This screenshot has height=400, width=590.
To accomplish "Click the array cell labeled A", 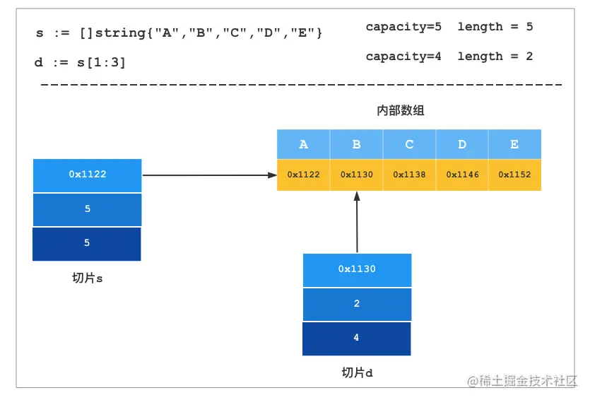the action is tap(303, 144).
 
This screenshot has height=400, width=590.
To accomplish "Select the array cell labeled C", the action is tap(409, 144).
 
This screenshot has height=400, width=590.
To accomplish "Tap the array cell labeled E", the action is tap(514, 144).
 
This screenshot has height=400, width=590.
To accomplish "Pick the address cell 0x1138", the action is tap(409, 175).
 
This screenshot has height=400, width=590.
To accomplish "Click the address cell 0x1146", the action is tap(462, 175).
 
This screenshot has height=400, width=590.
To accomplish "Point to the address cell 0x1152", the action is tap(514, 175).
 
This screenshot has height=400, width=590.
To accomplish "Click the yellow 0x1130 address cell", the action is tap(356, 175).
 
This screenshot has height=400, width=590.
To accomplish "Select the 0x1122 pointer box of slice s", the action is tap(88, 175).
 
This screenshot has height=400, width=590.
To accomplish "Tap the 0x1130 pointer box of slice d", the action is tap(357, 270).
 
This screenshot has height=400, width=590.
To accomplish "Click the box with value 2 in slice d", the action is tap(357, 305).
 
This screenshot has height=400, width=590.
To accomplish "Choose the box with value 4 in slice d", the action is tap(357, 339).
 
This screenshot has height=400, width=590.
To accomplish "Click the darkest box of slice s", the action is tap(87, 244).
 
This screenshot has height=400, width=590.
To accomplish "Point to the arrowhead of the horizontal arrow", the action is tap(273, 175).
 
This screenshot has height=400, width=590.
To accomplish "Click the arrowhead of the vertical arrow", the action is tap(357, 196).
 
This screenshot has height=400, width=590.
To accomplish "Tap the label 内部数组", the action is tap(401, 111).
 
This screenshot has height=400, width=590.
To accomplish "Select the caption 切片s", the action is tap(88, 278).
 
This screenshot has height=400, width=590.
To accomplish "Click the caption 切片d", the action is tap(357, 372).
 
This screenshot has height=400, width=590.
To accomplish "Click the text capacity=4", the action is tap(403, 57).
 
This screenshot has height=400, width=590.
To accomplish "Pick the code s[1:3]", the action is tap(101, 62).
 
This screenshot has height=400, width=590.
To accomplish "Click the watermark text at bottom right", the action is tap(522, 381).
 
